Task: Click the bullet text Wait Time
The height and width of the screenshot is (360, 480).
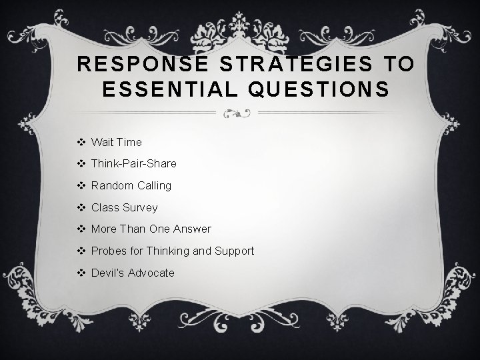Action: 116,142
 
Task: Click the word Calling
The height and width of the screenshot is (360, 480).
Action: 153,185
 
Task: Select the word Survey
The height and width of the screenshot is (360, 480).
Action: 139,207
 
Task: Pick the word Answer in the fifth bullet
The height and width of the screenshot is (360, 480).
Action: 192,229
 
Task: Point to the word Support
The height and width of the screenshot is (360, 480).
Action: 233,251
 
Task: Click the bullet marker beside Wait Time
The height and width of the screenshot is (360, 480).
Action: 82,142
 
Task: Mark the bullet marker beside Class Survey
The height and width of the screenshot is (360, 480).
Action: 82,207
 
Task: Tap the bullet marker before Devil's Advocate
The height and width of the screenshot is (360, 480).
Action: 82,272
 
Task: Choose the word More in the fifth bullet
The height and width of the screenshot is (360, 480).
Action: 103,229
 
